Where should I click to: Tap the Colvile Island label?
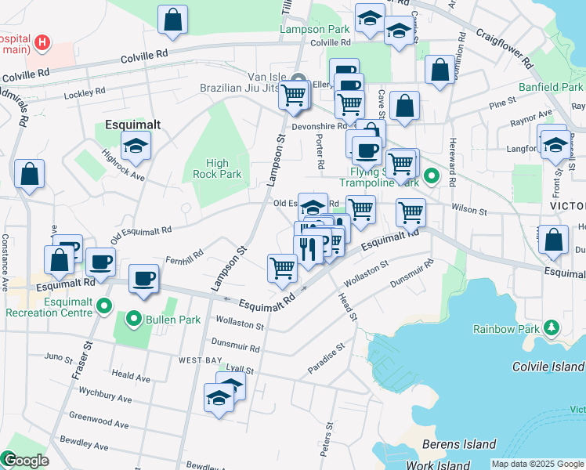pyautogui.click(x=548, y=367)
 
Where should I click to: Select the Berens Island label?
pyautogui.click(x=458, y=445)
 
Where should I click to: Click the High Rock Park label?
pyautogui.click(x=218, y=168)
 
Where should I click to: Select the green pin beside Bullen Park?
pyautogui.click(x=133, y=319)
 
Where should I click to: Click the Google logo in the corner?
pyautogui.click(x=25, y=461)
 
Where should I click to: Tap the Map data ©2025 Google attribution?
pyautogui.click(x=537, y=464)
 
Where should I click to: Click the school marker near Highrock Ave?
pyautogui.click(x=136, y=145)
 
